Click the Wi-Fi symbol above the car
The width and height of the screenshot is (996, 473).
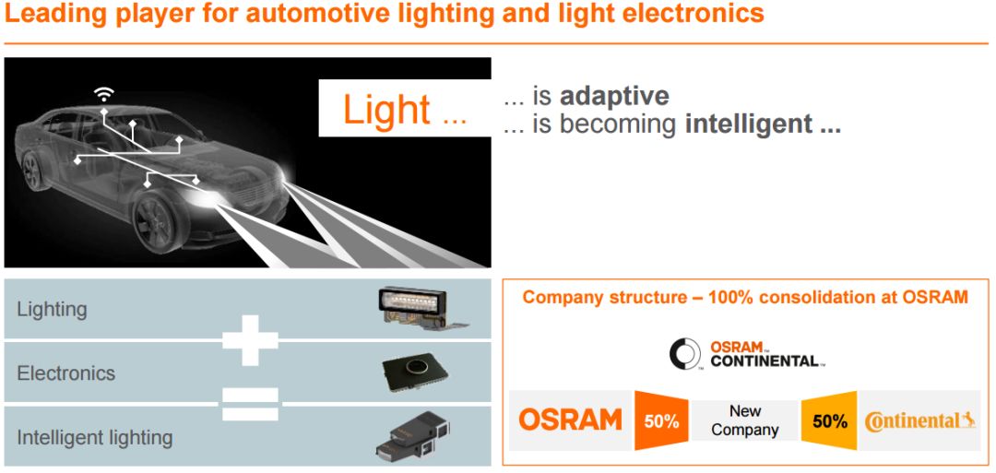tap(104, 93)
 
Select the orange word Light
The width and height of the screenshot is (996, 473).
tap(386, 110)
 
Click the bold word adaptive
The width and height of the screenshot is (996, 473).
tap(614, 96)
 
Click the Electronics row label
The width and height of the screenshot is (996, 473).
tap(65, 373)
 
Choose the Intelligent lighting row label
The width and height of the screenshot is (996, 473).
tap(94, 436)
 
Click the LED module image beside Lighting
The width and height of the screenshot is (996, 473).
tap(419, 308)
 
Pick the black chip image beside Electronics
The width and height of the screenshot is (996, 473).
tap(414, 372)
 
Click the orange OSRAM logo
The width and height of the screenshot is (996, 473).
tap(570, 420)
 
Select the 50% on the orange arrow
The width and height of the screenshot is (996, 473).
tap(661, 421)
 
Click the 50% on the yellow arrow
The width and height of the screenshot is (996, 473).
tap(829, 421)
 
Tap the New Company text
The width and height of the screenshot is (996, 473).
tap(745, 420)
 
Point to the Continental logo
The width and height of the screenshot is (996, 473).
tap(919, 421)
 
